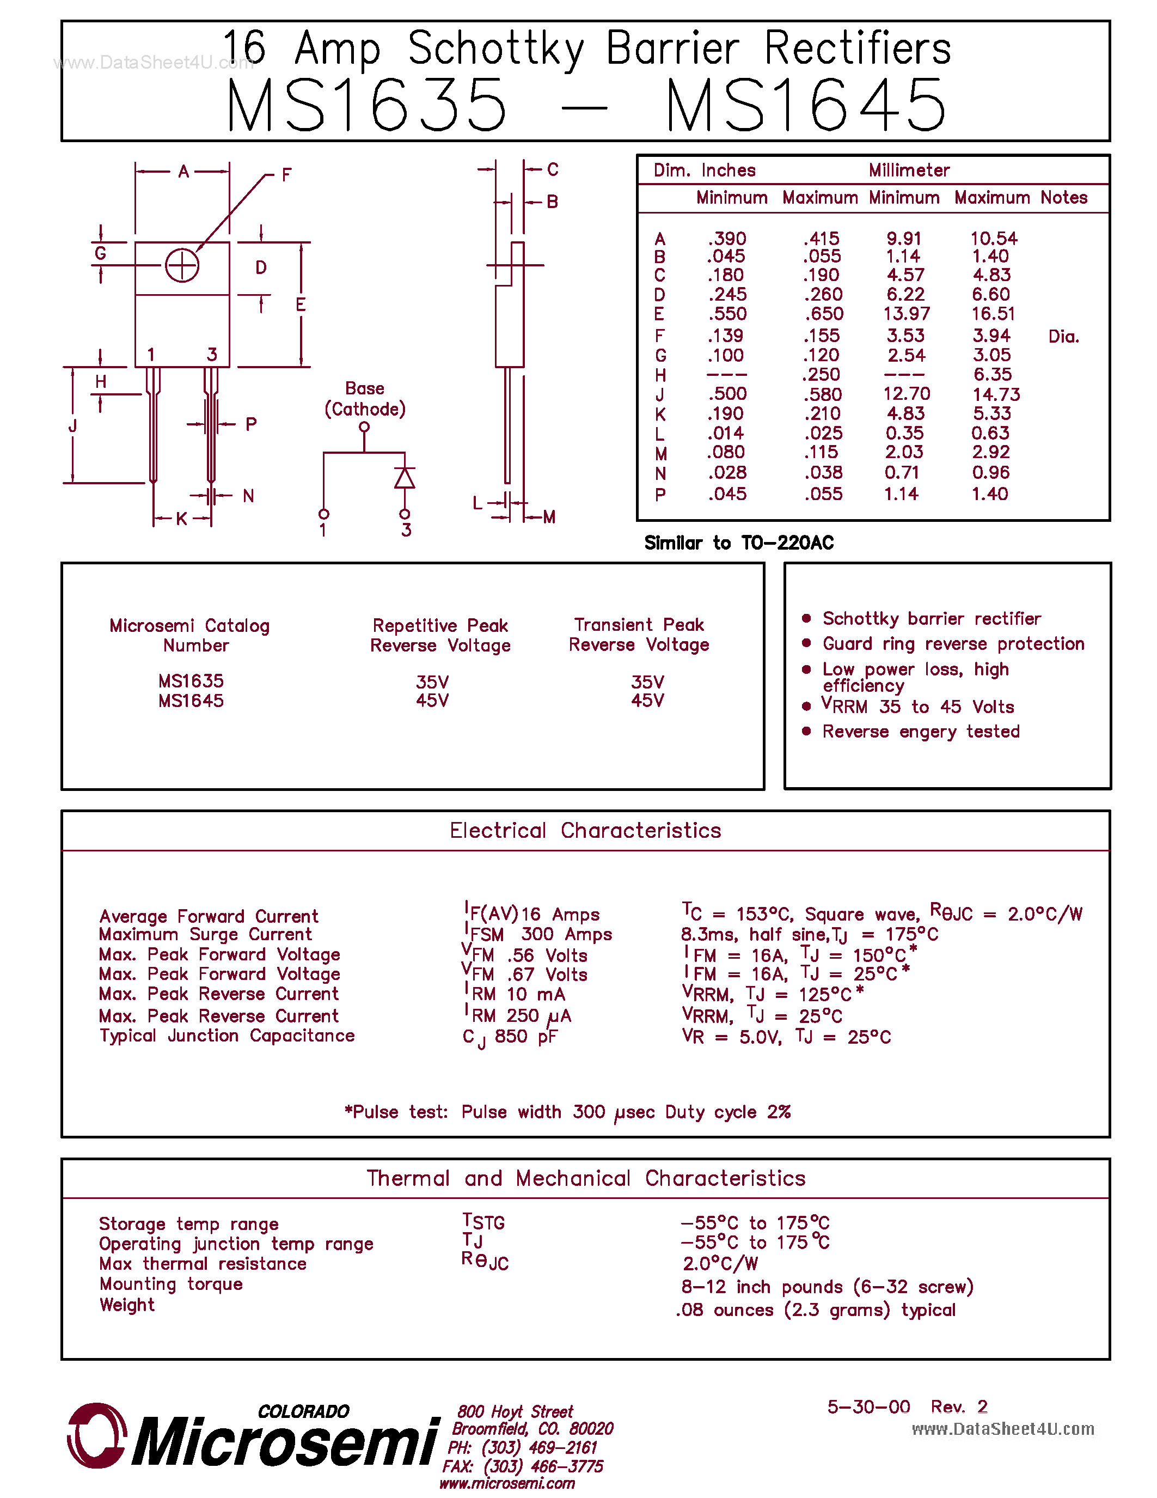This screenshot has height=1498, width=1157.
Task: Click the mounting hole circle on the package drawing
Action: [182, 265]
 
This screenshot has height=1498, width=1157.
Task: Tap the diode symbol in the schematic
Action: [405, 478]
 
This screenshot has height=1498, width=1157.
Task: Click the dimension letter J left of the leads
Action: [72, 426]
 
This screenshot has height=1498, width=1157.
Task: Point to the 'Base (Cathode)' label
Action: [365, 399]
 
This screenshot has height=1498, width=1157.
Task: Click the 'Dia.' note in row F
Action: [1063, 336]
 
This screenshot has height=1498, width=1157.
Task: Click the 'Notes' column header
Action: [1064, 198]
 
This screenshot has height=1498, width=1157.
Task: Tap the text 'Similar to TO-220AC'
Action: [738, 543]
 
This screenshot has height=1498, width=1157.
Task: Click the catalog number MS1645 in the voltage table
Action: [191, 701]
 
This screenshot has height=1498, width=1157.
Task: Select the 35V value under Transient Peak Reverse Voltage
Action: [647, 682]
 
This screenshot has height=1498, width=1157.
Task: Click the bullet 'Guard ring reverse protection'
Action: [953, 643]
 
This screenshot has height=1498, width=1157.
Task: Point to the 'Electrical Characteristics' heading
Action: [585, 830]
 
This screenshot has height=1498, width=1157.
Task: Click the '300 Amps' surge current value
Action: [566, 934]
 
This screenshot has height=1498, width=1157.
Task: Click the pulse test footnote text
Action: [567, 1112]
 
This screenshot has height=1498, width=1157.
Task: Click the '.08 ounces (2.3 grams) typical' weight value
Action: [816, 1310]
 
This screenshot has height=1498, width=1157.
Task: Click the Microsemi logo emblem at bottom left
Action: [96, 1435]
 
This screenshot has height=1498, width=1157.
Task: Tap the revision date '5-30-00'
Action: [868, 1407]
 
